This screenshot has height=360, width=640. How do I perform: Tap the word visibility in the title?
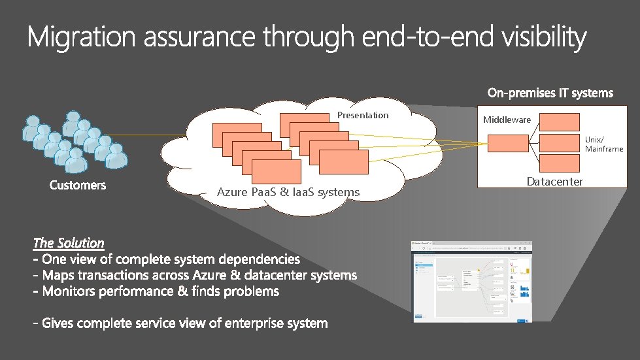[x=544, y=37]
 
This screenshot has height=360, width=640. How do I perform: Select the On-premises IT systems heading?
[x=550, y=93]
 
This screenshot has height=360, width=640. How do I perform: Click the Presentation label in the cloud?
[x=363, y=116]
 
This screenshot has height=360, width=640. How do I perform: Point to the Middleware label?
[x=507, y=120]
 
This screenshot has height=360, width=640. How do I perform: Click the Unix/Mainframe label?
[x=603, y=144]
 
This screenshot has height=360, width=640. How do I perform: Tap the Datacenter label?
[x=554, y=182]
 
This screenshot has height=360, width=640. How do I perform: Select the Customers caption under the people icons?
[x=77, y=186]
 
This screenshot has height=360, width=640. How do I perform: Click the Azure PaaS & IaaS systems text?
[x=288, y=192]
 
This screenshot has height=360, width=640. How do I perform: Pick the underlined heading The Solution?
[x=69, y=243]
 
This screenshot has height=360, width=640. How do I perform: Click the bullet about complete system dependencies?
[x=167, y=259]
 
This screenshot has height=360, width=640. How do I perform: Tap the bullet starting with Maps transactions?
[x=195, y=275]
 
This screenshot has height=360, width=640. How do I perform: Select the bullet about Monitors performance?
[x=156, y=291]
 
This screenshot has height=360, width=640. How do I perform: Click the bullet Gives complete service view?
[x=180, y=323]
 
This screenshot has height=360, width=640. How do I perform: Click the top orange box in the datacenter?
[x=560, y=122]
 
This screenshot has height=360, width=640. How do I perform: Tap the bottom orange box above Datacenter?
[x=560, y=162]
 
